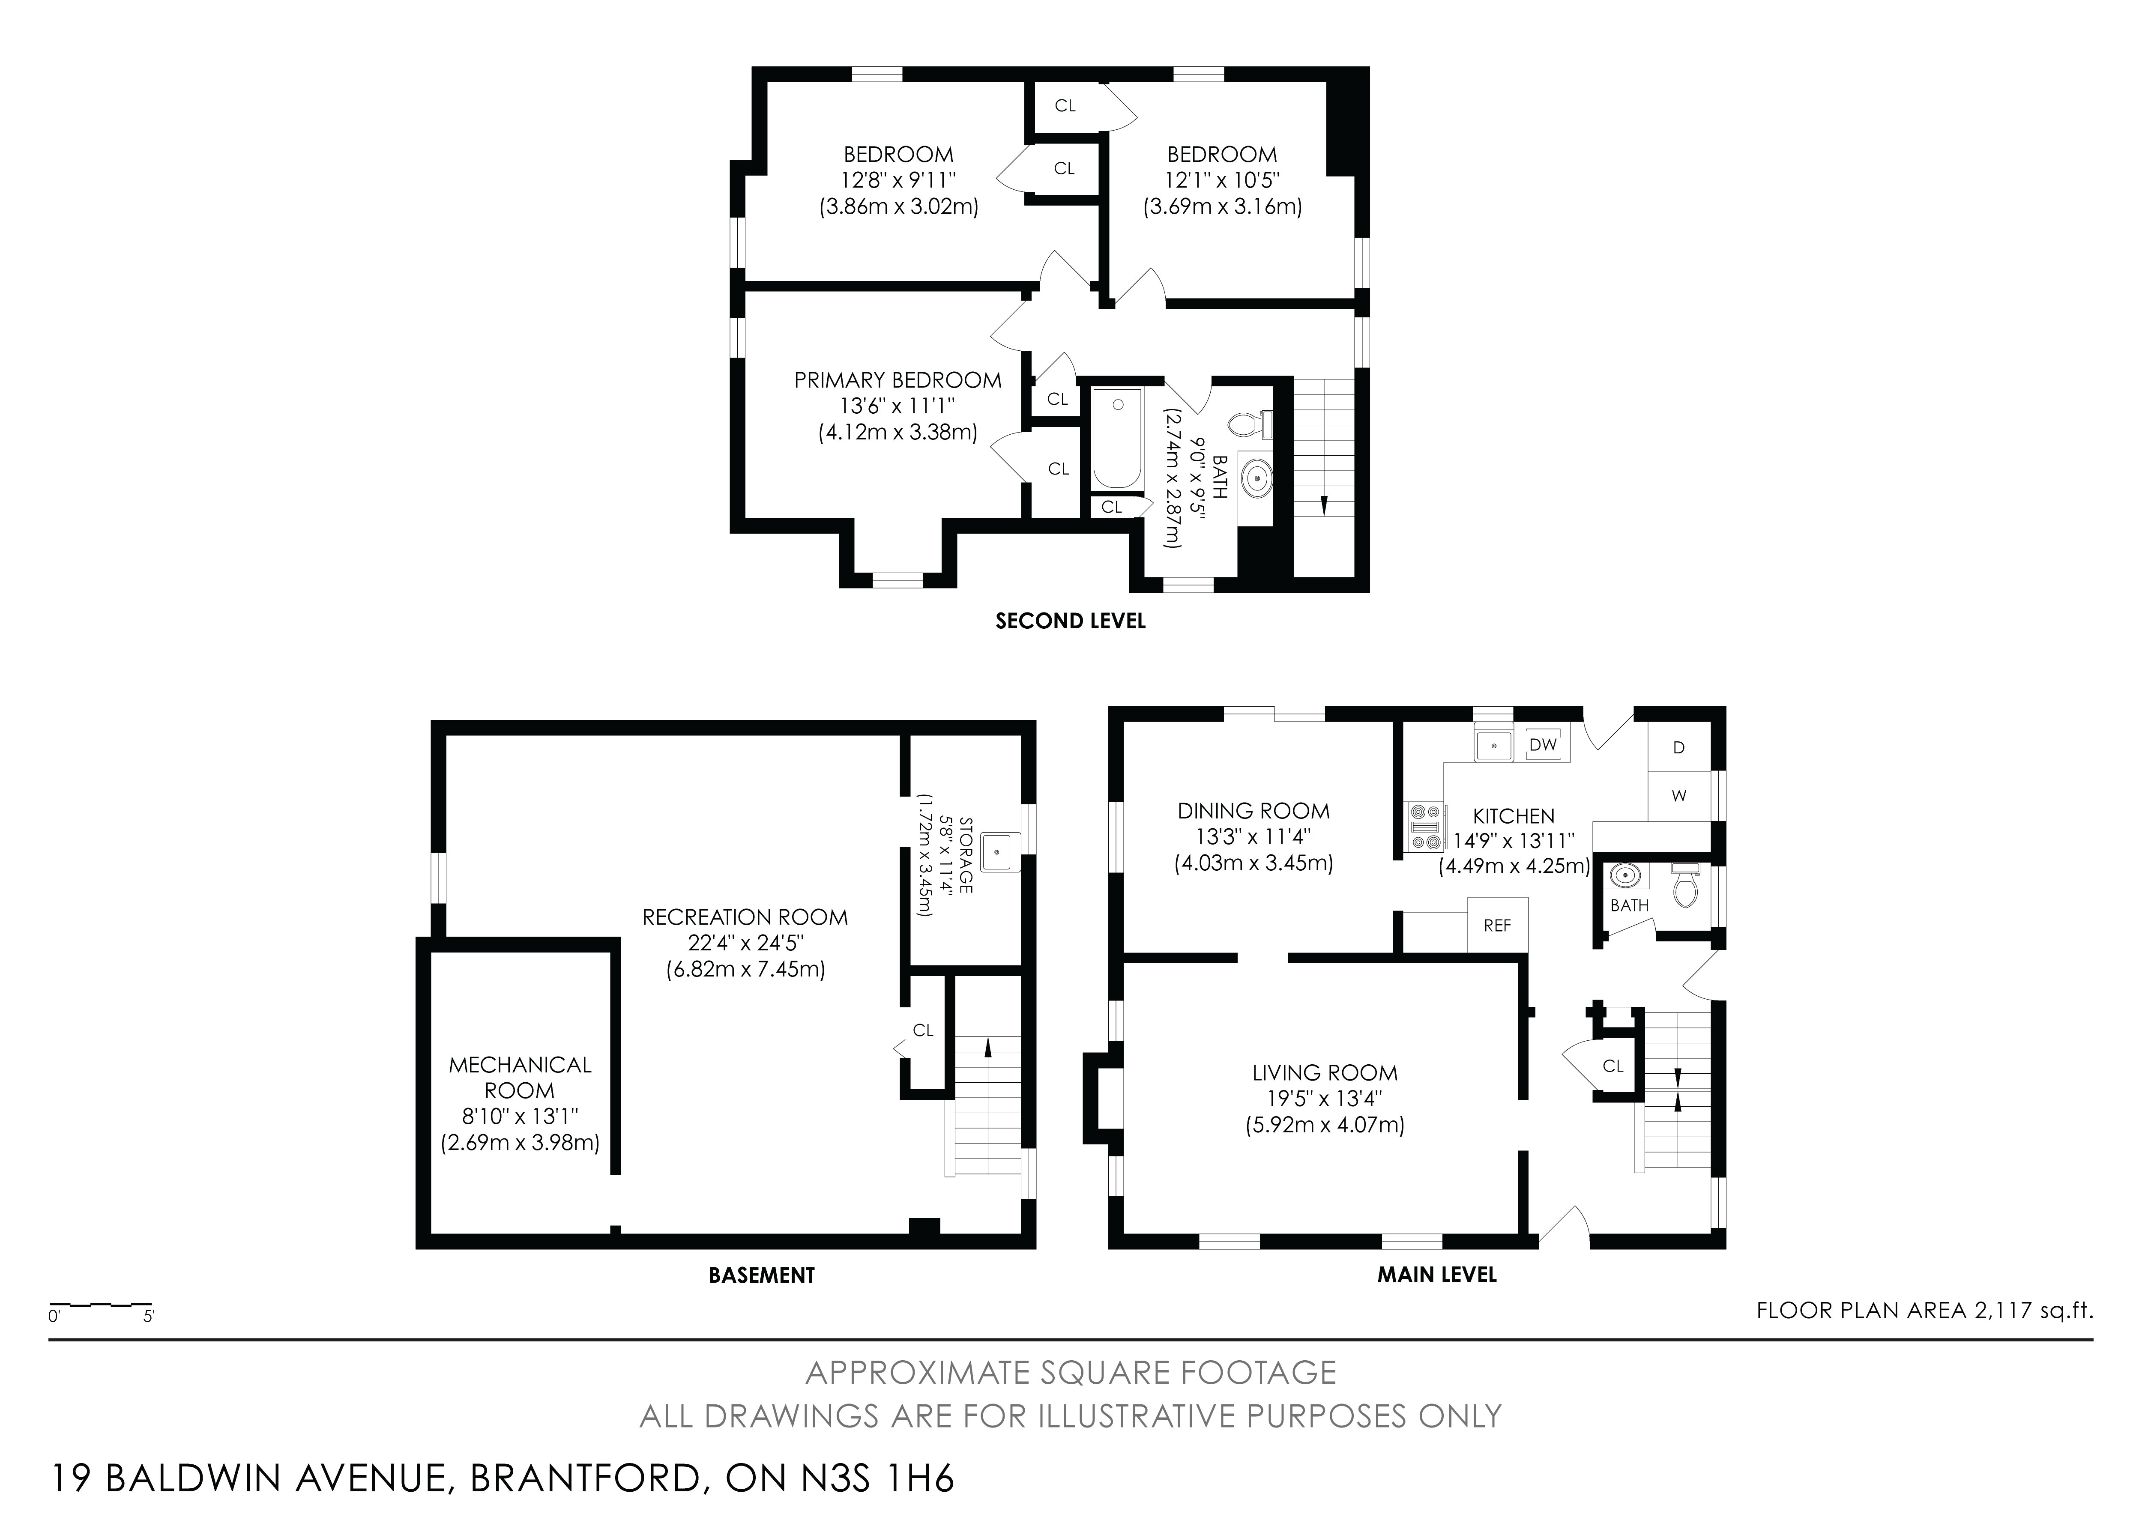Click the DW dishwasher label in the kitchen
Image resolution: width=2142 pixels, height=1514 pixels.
[x=1543, y=744]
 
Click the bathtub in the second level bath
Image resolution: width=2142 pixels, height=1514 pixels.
[x=1117, y=439]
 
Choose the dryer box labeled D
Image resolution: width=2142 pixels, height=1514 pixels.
[x=1679, y=747]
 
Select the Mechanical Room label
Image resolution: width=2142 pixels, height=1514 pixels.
[x=520, y=1078]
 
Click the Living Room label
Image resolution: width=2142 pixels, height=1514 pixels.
[x=1325, y=1073]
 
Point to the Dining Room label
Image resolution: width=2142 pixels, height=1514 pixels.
[x=1254, y=811]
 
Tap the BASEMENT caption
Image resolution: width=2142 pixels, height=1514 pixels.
[x=761, y=1275]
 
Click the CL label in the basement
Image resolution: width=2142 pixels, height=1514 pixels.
[x=923, y=1030]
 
